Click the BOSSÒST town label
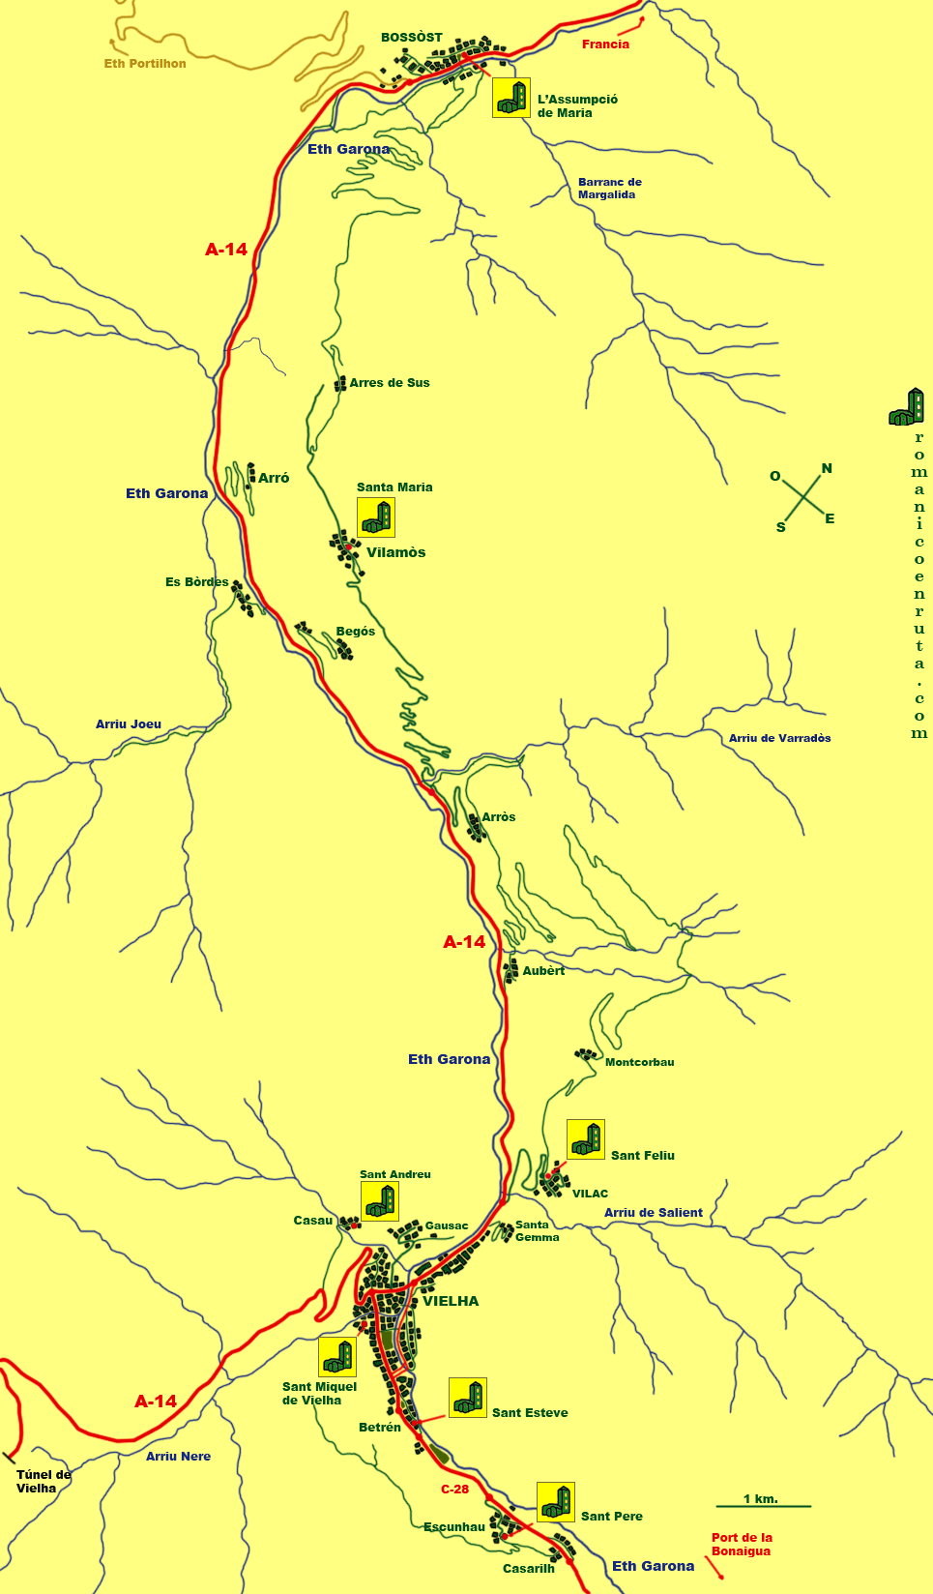pyautogui.click(x=411, y=38)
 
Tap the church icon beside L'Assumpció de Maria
pyautogui.click(x=511, y=98)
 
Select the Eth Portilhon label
pyautogui.click(x=145, y=64)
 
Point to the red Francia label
pyautogui.click(x=605, y=44)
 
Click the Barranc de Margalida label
pyautogui.click(x=609, y=189)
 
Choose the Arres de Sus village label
pyautogui.click(x=389, y=383)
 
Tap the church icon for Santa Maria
pyautogui.click(x=376, y=518)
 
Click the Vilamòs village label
pyautogui.click(x=395, y=553)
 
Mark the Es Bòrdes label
pyautogui.click(x=196, y=582)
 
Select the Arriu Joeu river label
pyautogui.click(x=129, y=724)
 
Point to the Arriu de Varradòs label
pyautogui.click(x=779, y=738)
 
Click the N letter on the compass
pyautogui.click(x=827, y=469)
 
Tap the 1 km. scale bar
pyautogui.click(x=763, y=1505)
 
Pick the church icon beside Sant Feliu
pyautogui.click(x=586, y=1139)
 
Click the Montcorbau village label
pyautogui.click(x=639, y=1062)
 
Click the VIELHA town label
pyautogui.click(x=451, y=1301)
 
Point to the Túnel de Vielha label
pyautogui.click(x=44, y=1482)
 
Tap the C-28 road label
pyautogui.click(x=454, y=1490)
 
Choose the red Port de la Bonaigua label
pyautogui.click(x=742, y=1545)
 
